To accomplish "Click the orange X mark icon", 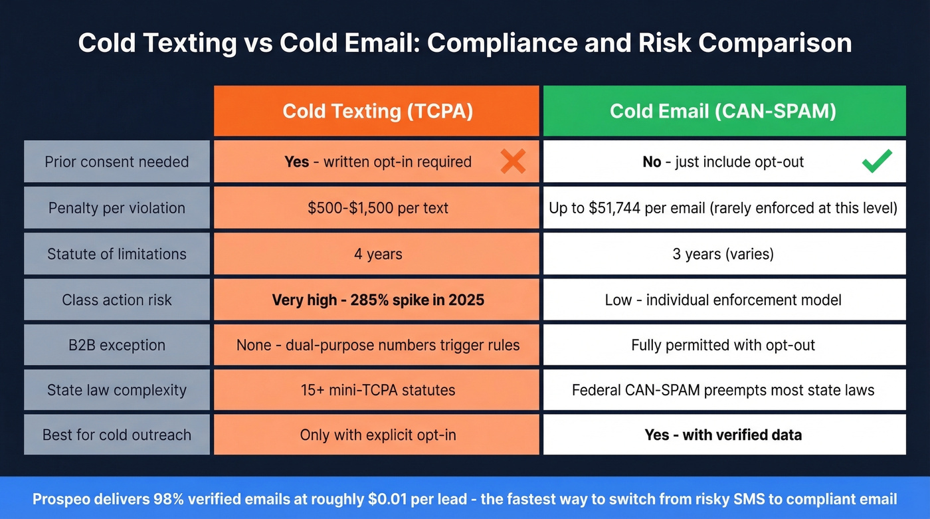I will click(x=513, y=161).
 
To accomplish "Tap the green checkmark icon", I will click(x=877, y=161).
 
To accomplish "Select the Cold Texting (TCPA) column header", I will click(x=377, y=111).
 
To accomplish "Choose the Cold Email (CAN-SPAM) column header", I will click(x=723, y=111).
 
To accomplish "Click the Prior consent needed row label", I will click(x=117, y=161).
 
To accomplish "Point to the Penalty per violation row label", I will click(x=117, y=208).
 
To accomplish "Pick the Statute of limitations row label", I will click(x=117, y=254).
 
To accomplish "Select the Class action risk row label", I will click(x=117, y=300).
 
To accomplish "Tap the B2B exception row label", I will click(x=117, y=345).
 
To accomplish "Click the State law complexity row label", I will click(x=117, y=390).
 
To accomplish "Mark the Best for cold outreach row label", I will click(x=117, y=435).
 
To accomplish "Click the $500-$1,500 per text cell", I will click(x=377, y=208).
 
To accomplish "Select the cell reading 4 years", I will click(x=377, y=254).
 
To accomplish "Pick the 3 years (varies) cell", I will click(x=723, y=254).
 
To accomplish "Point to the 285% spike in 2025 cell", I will click(x=377, y=300).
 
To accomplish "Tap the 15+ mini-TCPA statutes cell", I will click(x=377, y=390).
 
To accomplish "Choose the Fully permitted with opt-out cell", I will click(x=723, y=345).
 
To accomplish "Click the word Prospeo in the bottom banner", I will click(x=63, y=499).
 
